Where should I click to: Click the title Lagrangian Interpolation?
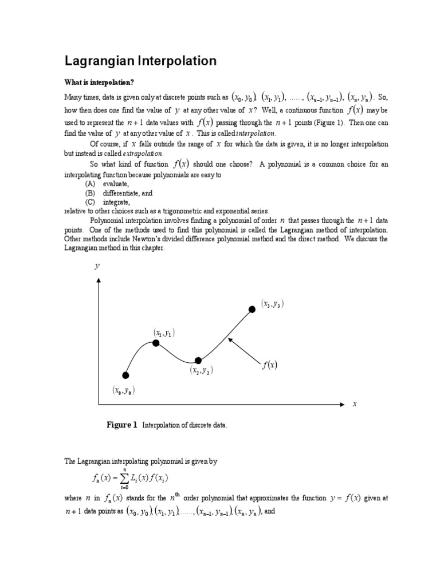point(140,61)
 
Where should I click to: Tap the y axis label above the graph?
point(97,267)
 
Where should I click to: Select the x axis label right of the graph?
point(355,404)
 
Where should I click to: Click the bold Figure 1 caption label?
point(122,425)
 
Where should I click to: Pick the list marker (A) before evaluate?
point(90,184)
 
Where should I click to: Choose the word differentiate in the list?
point(121,193)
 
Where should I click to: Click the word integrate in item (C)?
point(116,202)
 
